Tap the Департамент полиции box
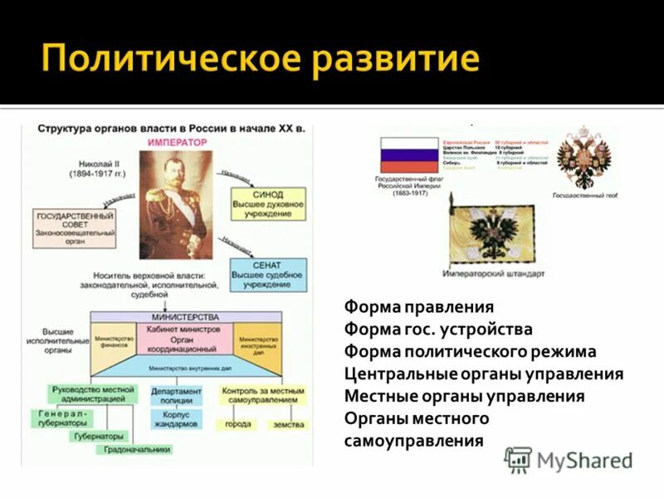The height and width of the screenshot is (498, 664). [176, 395]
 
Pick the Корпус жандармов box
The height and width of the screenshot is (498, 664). [176, 419]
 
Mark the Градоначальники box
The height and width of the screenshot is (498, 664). [138, 450]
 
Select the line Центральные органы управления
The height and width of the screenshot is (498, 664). [483, 373]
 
